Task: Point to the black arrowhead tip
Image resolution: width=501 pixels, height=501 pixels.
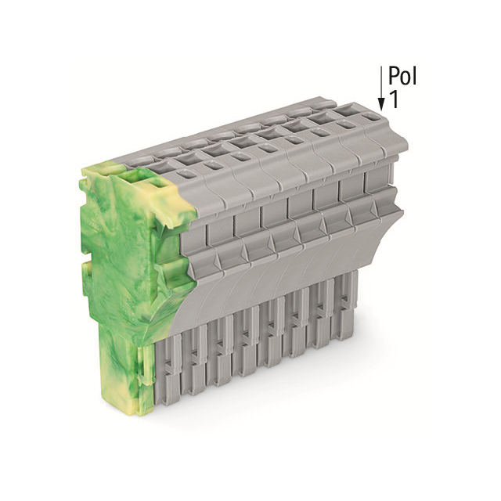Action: coord(381,106)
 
